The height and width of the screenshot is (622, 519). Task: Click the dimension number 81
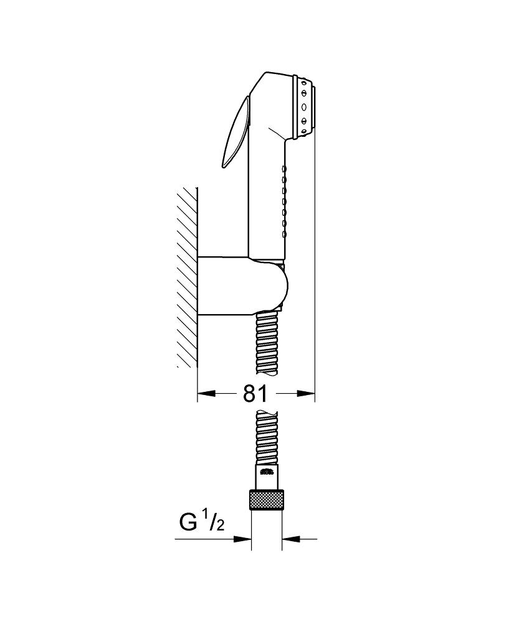pos(255,394)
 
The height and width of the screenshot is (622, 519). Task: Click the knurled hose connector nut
pos(267,499)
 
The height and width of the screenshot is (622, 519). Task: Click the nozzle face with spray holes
pos(305,106)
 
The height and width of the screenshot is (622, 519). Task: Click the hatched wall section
pos(187,277)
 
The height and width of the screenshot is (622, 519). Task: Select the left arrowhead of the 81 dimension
pos(207,394)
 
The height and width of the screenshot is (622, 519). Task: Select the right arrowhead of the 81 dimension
pos(306,394)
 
